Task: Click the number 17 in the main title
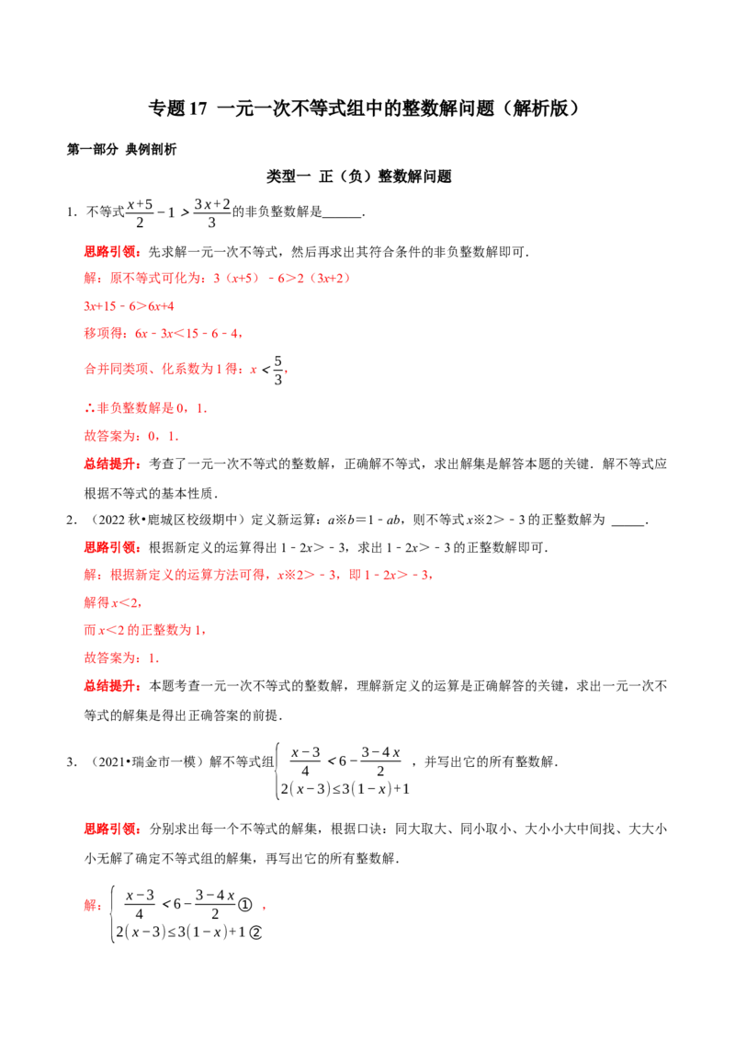tap(198, 109)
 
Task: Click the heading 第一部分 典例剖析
tap(121, 149)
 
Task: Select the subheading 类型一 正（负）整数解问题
tap(359, 177)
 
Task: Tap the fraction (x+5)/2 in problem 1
tap(140, 213)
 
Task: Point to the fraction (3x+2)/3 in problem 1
tap(211, 213)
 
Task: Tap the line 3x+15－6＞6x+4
tap(129, 306)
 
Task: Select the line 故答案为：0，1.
tap(131, 436)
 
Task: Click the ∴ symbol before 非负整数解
tap(89, 408)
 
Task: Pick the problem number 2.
tap(71, 520)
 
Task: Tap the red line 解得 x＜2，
tap(113, 603)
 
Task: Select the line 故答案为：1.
tap(121, 658)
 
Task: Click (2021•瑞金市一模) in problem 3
tap(144, 762)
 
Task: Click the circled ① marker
tap(244, 904)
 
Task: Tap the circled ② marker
tap(255, 932)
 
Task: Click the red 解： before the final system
tap(94, 905)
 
